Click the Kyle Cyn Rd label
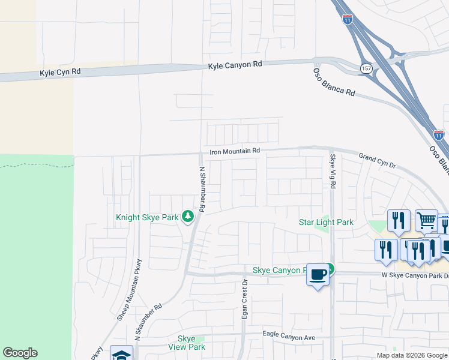click(60, 72)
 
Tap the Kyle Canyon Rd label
click(236, 64)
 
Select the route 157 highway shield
click(366, 68)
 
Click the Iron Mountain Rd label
click(234, 152)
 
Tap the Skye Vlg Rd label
click(333, 170)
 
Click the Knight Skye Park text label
click(147, 217)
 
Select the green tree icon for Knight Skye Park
click(187, 215)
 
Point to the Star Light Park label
click(326, 223)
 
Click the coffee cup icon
click(318, 274)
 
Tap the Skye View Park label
click(187, 343)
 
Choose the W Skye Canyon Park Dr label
click(415, 275)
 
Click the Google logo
click(20, 353)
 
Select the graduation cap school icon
click(121, 354)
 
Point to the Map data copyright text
click(412, 355)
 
